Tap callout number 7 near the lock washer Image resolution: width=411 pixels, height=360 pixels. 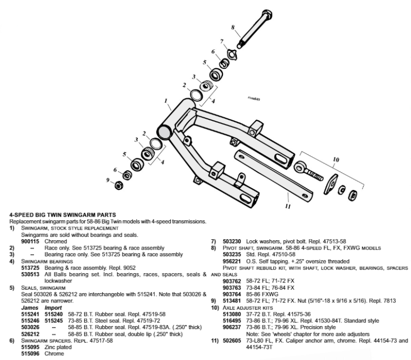(222, 42)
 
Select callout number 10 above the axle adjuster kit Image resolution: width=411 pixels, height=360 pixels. (336, 160)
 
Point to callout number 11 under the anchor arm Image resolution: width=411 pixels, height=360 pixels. (287, 207)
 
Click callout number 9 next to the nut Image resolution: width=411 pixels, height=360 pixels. (108, 180)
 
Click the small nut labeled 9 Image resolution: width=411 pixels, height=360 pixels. (118, 184)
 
